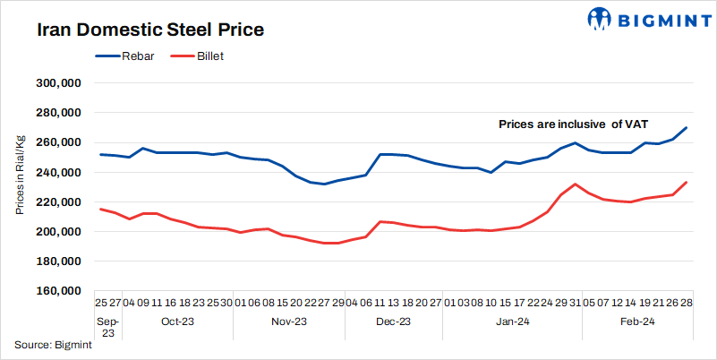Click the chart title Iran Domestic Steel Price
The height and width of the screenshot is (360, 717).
coord(150,30)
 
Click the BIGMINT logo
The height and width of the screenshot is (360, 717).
coord(637,18)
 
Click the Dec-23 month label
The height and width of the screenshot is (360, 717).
coord(393,321)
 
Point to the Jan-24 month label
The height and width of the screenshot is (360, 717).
coord(512,321)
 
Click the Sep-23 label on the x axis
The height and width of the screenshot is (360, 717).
coord(107,326)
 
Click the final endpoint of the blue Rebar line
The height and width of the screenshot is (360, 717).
coord(687,128)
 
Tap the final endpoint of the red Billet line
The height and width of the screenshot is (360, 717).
coord(687,183)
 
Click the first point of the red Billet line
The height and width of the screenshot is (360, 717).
coord(100,209)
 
